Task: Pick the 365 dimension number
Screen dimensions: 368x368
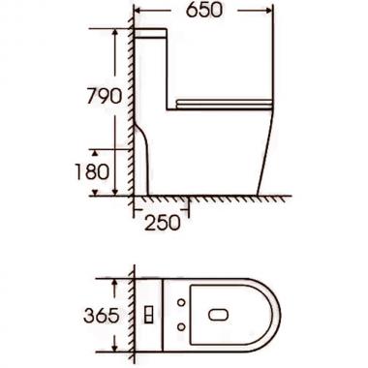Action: click(x=103, y=316)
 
